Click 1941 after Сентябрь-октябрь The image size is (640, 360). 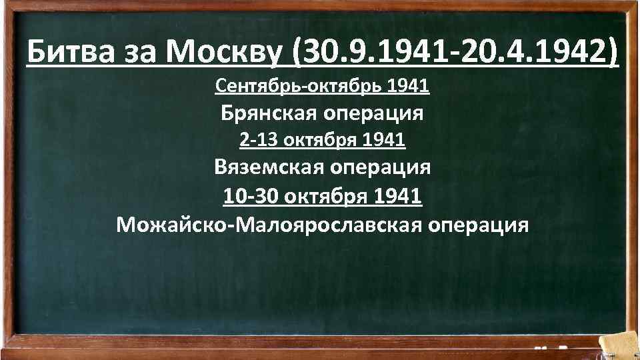[x=407, y=86]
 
